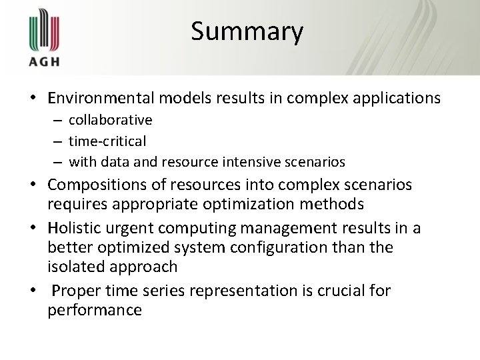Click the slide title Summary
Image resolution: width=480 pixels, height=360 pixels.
tap(247, 32)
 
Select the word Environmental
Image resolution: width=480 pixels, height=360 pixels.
tap(100, 98)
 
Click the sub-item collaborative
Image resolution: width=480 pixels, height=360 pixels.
tap(111, 120)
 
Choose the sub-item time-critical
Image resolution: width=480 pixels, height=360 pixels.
tap(107, 141)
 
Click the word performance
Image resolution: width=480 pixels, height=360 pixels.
tap(95, 311)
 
